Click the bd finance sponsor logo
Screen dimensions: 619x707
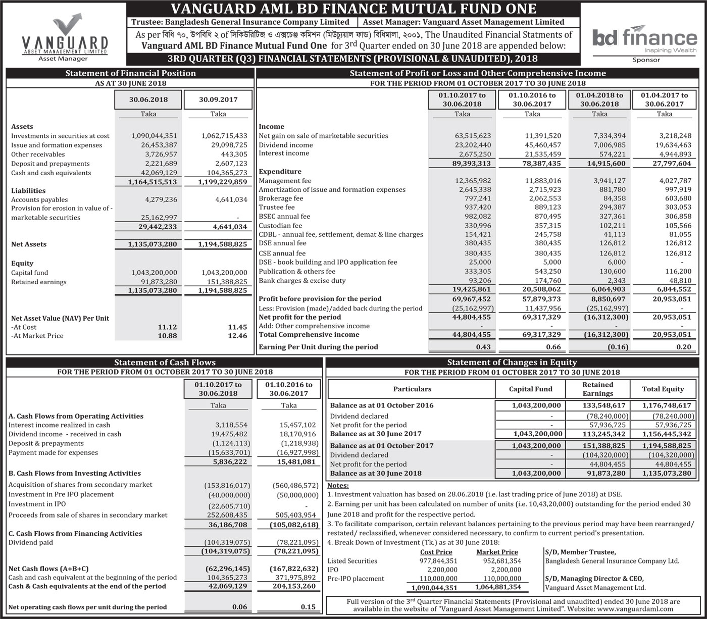click(644, 39)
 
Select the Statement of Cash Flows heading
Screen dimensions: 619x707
click(165, 362)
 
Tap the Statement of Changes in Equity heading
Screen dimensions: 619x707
click(512, 362)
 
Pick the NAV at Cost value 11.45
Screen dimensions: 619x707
click(237, 327)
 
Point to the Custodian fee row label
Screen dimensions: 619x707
click(280, 225)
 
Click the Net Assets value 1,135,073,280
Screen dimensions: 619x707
click(152, 244)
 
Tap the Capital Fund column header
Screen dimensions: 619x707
click(530, 389)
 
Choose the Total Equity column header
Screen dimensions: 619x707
click(663, 389)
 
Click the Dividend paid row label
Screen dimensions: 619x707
click(30, 542)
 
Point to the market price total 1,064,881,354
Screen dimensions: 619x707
click(497, 587)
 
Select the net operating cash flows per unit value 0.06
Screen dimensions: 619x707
click(239, 607)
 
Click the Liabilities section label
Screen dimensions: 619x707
click(28, 191)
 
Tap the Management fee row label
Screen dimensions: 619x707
click(285, 181)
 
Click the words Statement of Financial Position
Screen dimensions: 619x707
click(130, 73)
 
